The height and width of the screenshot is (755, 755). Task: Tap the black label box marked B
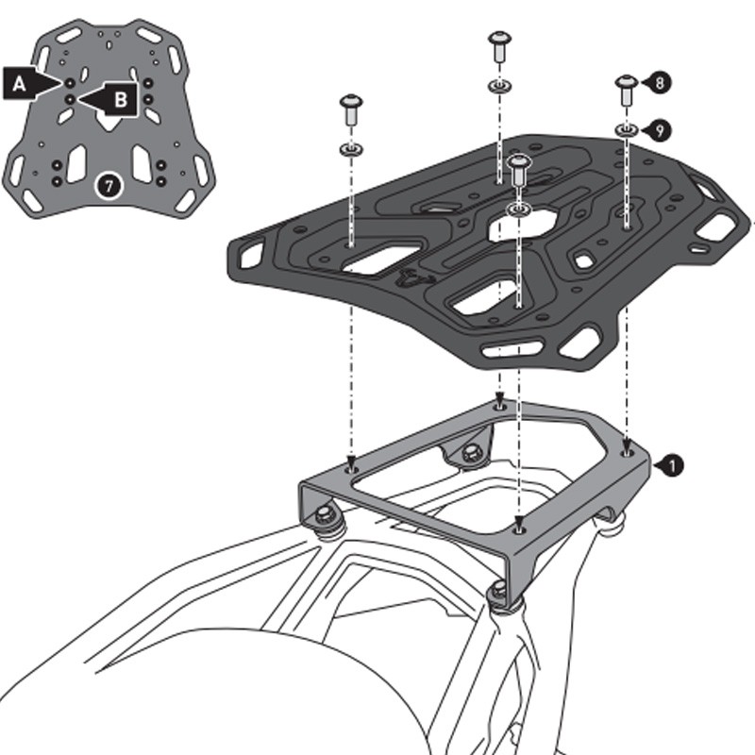(117, 97)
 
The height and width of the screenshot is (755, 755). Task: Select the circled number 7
(109, 185)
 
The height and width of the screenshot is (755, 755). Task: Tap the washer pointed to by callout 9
(627, 127)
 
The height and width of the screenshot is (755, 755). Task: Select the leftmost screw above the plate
(351, 106)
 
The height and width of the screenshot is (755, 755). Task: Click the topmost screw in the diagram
(498, 44)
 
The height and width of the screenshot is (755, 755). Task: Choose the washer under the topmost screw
(498, 87)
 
